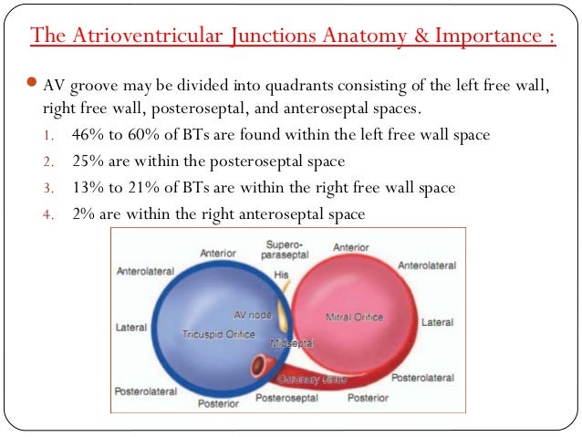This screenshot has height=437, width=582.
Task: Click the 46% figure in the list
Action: (x=87, y=135)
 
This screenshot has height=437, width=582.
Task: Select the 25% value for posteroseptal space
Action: (x=87, y=161)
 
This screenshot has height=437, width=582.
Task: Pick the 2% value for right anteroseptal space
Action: (x=83, y=214)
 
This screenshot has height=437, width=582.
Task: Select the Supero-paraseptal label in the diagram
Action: (x=285, y=251)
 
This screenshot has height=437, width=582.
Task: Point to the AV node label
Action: (x=253, y=312)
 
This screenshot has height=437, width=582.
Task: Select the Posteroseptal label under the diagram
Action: (x=285, y=399)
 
